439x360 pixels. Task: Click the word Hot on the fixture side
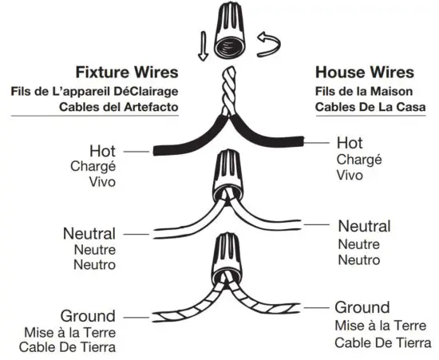coord(104,150)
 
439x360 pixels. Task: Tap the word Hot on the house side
coord(350,143)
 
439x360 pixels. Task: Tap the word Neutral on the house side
coord(364,227)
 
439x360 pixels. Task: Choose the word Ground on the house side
coord(362,307)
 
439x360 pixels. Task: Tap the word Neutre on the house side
coord(359,244)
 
